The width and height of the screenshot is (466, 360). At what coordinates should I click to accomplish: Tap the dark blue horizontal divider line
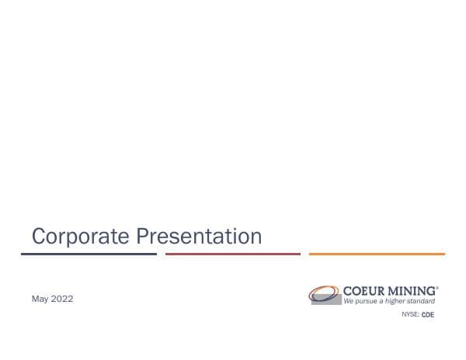coord(89,254)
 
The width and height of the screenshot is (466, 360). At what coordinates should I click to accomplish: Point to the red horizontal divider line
coord(233,254)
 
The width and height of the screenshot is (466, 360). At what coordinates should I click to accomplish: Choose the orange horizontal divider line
coord(377,254)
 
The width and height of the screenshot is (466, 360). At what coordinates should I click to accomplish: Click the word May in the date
coord(40,299)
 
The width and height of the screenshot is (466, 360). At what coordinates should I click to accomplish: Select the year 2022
coord(62,299)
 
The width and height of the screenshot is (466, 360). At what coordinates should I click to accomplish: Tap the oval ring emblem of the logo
coord(324,293)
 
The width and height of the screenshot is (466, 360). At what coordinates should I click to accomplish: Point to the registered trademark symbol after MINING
coord(437,286)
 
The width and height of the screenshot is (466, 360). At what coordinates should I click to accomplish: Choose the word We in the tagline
coord(349,300)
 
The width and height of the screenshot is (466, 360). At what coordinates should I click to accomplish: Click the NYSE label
coord(409,314)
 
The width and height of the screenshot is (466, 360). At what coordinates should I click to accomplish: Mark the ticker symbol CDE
coord(428,314)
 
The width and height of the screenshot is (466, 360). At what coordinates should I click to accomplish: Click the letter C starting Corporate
coord(38,236)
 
